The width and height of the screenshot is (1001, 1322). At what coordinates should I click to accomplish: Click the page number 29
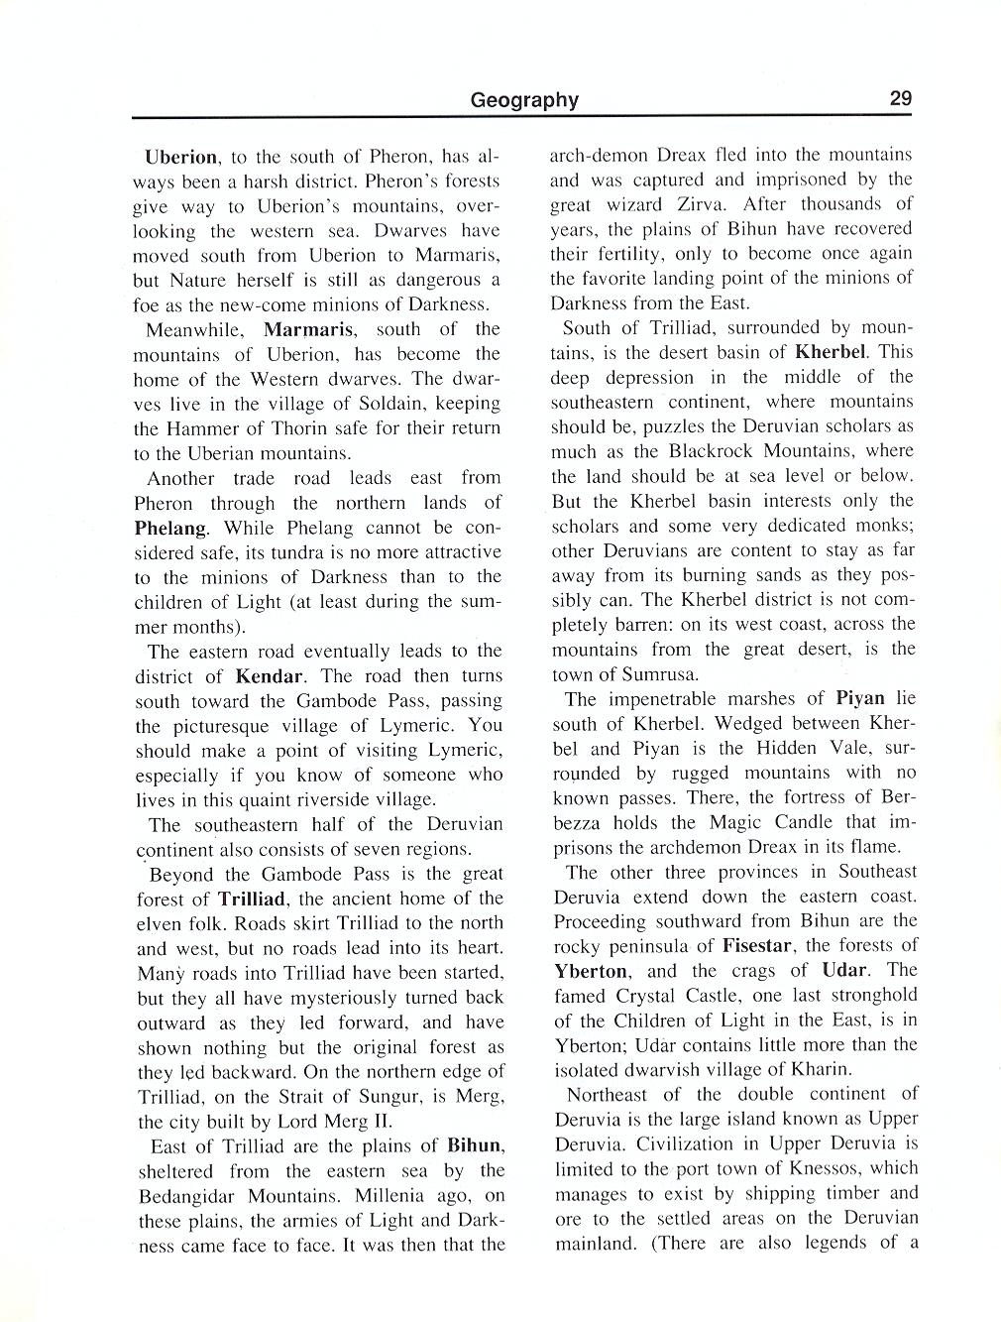(900, 98)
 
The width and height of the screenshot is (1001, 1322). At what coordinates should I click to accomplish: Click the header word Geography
(524, 99)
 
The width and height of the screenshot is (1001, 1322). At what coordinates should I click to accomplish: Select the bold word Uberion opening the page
(181, 157)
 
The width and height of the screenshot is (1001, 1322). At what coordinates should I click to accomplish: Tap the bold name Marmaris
(309, 329)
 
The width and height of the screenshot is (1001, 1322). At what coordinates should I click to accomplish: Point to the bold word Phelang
(171, 528)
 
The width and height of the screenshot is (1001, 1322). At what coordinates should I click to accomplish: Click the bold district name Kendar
(269, 676)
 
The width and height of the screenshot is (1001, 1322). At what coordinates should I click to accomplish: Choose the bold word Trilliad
(252, 900)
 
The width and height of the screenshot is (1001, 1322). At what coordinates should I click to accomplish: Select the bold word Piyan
(859, 698)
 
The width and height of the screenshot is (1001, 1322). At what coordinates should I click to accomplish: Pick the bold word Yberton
(591, 971)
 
